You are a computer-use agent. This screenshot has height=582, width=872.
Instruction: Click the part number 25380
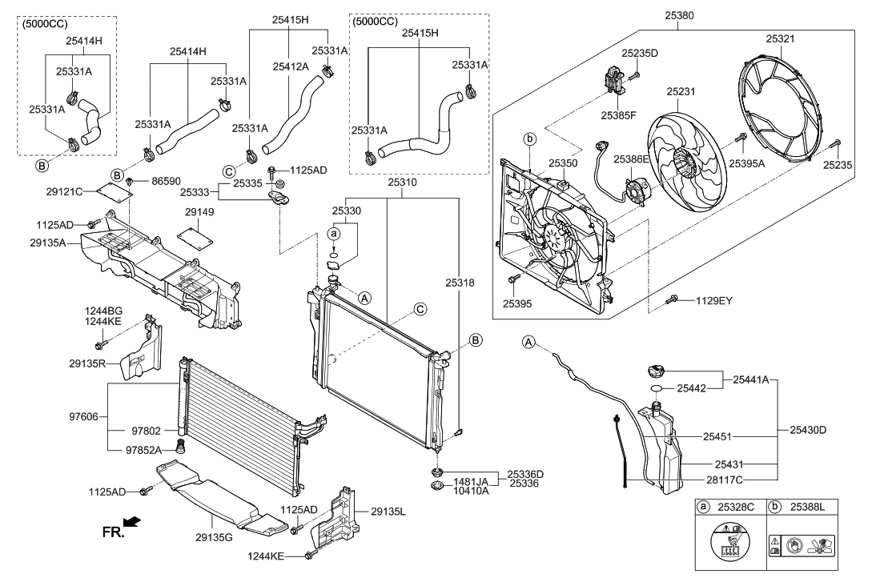point(679,15)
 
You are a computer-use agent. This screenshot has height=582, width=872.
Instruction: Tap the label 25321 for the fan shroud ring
point(780,39)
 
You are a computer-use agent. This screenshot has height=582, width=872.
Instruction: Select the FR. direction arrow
point(132,521)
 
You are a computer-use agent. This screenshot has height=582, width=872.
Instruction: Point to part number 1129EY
point(714,301)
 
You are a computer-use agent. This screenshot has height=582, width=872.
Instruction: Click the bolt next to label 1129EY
point(673,299)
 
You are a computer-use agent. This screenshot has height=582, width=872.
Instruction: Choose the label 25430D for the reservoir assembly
point(808,430)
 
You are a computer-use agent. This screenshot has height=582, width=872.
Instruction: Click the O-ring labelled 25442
point(656,387)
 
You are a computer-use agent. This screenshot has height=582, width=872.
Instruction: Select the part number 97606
point(83,416)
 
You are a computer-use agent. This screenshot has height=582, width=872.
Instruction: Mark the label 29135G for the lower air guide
point(214,537)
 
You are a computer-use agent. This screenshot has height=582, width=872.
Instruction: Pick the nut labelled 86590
point(129,181)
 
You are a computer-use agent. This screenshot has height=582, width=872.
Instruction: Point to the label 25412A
point(291,66)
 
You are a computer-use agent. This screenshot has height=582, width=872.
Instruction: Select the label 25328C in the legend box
point(736,507)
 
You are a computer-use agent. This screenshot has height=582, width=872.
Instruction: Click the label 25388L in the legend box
point(807,507)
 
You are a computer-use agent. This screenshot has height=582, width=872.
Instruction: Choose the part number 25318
point(460,283)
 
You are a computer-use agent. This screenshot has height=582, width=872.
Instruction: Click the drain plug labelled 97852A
point(181,447)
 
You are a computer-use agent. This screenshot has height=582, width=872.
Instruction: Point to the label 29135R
point(87,363)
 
